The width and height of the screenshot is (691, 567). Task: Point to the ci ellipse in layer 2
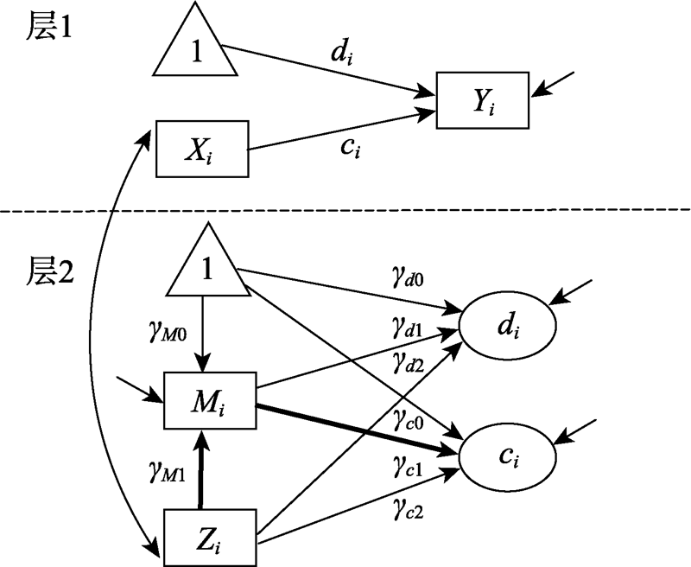coord(509,453)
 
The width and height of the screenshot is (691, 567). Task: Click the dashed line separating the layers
coord(345,209)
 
